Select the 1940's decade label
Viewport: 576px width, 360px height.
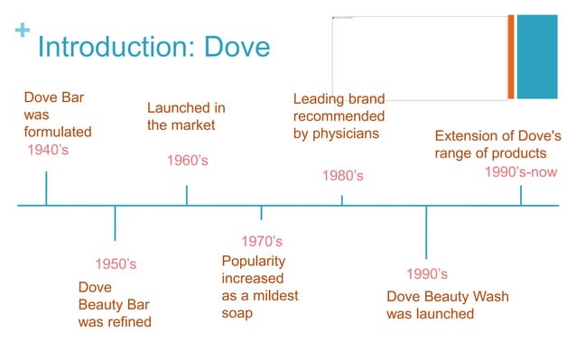(48, 150)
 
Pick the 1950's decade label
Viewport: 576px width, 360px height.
(116, 264)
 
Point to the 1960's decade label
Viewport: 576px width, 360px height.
(188, 161)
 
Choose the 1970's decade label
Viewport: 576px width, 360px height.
(262, 242)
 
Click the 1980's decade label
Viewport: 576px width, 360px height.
(343, 176)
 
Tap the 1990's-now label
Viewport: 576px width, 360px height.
(521, 172)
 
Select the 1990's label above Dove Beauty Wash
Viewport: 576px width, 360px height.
(427, 274)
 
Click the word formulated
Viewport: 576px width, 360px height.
(58, 132)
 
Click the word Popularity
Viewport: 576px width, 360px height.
(253, 261)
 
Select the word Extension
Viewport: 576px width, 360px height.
(468, 136)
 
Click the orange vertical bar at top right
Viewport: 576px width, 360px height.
(511, 57)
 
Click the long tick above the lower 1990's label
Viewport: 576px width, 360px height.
(426, 233)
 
